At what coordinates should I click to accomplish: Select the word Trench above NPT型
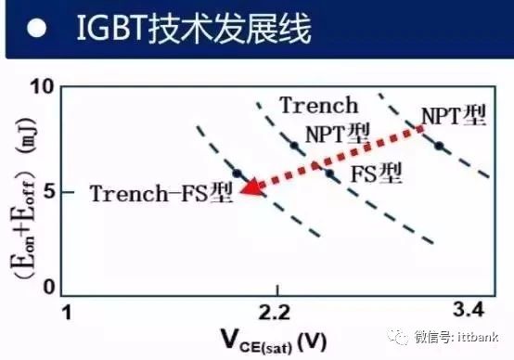click(x=317, y=105)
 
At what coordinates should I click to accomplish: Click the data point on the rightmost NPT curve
click(x=440, y=145)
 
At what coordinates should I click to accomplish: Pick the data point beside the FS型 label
click(x=328, y=173)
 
